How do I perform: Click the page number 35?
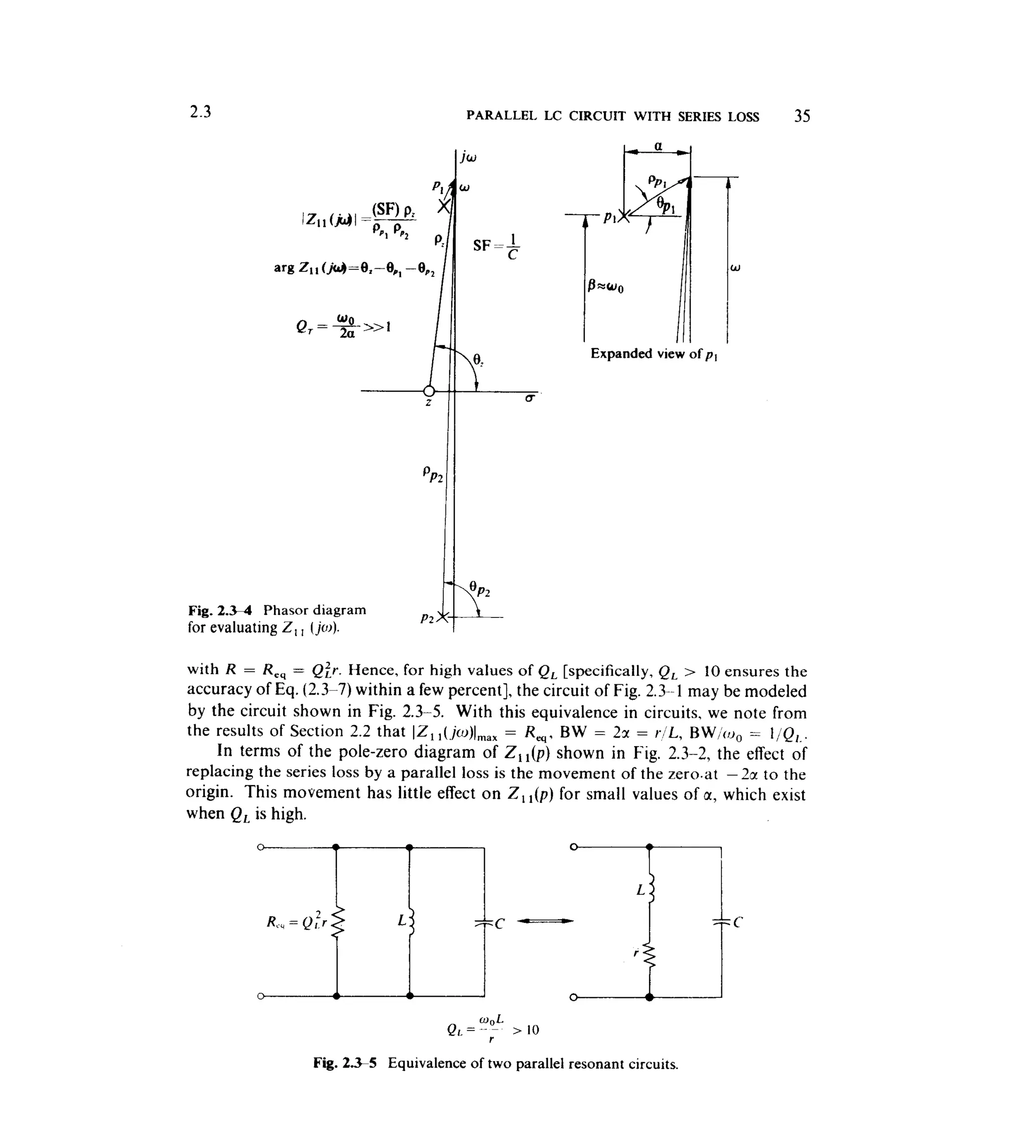[802, 116]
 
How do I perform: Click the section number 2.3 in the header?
[200, 112]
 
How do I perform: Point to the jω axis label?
[468, 157]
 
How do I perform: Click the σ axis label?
[529, 398]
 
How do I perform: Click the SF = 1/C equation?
[496, 246]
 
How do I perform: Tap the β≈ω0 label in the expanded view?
[605, 286]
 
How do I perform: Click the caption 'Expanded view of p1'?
[654, 354]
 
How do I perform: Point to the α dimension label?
[658, 146]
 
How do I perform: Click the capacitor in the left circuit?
[484, 923]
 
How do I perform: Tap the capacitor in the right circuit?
[721, 922]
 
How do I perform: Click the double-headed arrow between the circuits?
[545, 921]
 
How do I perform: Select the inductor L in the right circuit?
[651, 891]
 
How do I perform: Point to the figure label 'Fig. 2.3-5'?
[344, 1063]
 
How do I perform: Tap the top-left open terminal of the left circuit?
[261, 847]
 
